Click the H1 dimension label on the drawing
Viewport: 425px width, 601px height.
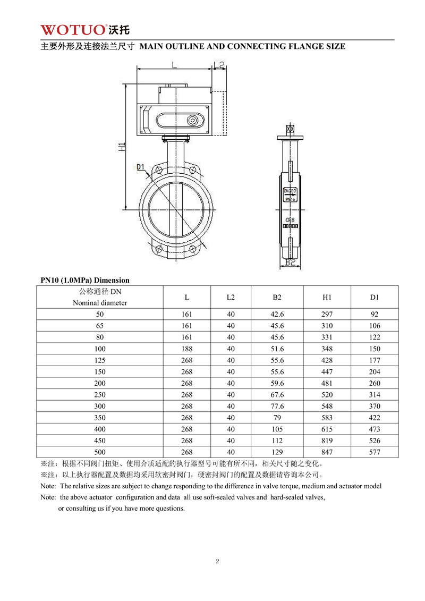tap(122, 147)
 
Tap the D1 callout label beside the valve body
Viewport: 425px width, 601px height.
tap(140, 167)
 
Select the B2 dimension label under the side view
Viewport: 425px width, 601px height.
tap(290, 262)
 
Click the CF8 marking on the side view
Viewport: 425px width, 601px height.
tap(290, 219)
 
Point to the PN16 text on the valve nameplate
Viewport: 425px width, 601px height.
tap(290, 199)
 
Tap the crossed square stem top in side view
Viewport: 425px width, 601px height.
tap(290, 129)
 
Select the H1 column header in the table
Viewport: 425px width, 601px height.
tap(327, 297)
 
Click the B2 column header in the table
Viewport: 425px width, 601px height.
tap(277, 297)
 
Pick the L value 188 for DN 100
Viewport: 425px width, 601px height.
tap(186, 349)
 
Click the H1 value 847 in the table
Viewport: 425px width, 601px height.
tap(327, 452)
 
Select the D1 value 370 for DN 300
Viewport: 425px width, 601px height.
tap(375, 406)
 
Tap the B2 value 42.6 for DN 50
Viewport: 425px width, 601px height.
tap(277, 314)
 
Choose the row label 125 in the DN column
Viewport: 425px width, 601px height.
tap(100, 360)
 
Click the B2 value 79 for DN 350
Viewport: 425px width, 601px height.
tap(277, 418)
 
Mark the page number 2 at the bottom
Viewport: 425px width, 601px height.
tap(218, 561)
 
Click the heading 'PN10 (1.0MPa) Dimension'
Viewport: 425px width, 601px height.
tap(85, 280)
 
